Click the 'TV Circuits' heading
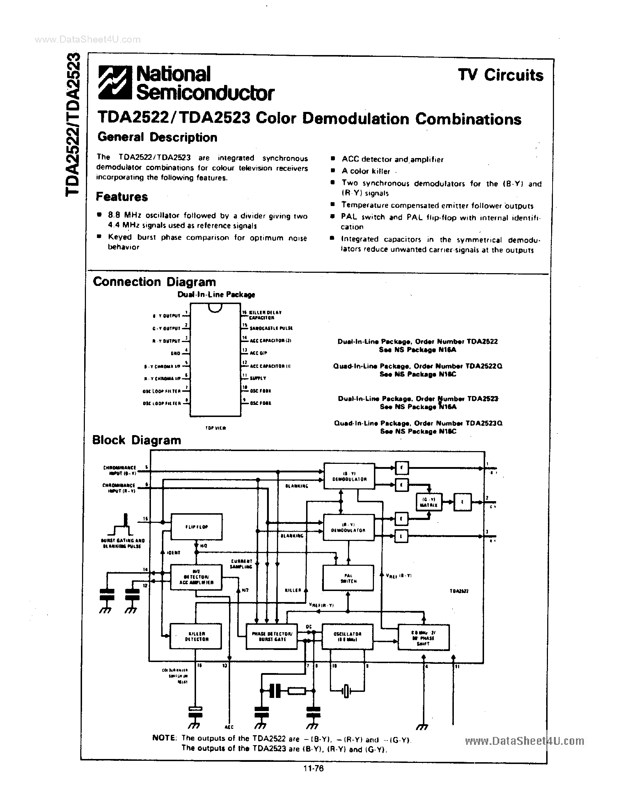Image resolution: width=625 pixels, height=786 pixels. [x=500, y=75]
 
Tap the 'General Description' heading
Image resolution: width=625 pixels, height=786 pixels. [x=157, y=137]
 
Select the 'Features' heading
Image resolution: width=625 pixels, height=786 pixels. [x=122, y=197]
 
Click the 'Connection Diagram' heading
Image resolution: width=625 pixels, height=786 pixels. [x=154, y=282]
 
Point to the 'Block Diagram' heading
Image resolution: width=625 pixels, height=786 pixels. [x=137, y=440]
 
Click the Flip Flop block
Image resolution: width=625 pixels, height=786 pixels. [x=196, y=527]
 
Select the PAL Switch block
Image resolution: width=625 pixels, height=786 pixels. [x=348, y=578]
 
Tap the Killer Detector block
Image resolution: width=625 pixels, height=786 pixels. [x=196, y=636]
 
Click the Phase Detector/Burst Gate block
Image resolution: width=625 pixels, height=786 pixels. [x=272, y=636]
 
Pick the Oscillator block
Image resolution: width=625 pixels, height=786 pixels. [x=347, y=636]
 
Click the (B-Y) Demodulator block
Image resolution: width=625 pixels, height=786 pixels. [x=349, y=476]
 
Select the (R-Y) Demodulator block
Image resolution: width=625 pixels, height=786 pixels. [x=348, y=527]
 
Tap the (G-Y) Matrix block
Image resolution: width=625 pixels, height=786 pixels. [x=428, y=502]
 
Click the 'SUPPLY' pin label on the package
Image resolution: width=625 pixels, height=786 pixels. [x=258, y=378]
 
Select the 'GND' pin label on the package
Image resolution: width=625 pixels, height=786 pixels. [x=175, y=353]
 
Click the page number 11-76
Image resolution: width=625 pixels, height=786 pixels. [x=313, y=768]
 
